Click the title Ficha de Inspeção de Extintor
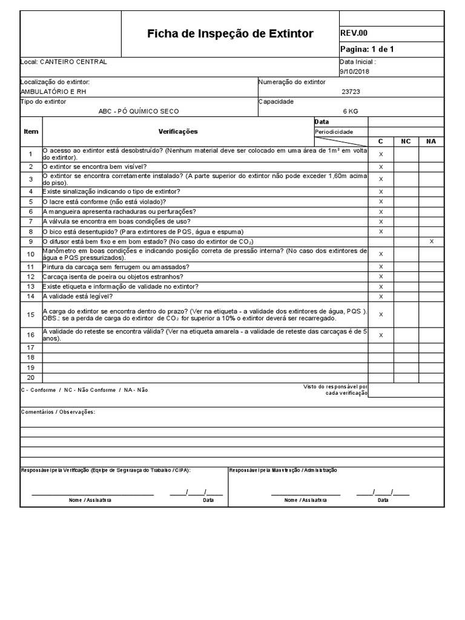230,34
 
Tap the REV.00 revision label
354,33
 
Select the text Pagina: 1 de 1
368,50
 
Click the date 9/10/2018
354,71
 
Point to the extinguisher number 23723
351,91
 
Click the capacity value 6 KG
351,111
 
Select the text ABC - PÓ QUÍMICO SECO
139,111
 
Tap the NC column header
406,141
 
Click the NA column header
431,141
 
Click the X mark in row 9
431,242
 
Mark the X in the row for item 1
381,154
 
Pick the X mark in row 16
381,335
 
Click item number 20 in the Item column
31,377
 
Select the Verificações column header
178,131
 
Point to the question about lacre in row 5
104,202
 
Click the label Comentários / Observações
58,412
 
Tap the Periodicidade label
333,132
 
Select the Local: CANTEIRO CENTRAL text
64,62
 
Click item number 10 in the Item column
31,254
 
